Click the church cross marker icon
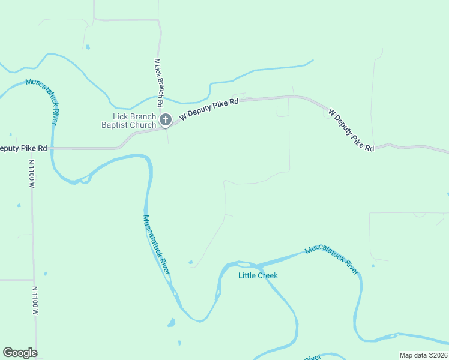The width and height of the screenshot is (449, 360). coord(166,120)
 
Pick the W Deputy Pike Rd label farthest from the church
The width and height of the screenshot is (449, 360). coord(351,130)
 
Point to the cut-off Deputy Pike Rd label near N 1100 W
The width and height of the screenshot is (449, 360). coord(23,148)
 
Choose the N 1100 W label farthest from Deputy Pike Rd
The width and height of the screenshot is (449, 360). coord(35,300)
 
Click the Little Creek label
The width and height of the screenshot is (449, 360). coord(258,275)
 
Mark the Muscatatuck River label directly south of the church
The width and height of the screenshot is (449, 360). coord(156,245)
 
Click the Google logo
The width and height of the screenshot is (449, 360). coord(20,353)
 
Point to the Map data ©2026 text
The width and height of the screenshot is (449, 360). coord(423,355)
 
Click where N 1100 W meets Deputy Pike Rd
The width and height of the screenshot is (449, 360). coord(32,148)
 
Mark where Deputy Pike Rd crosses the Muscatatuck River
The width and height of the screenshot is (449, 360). coord(52,148)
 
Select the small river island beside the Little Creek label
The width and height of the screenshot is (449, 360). coord(243,264)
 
